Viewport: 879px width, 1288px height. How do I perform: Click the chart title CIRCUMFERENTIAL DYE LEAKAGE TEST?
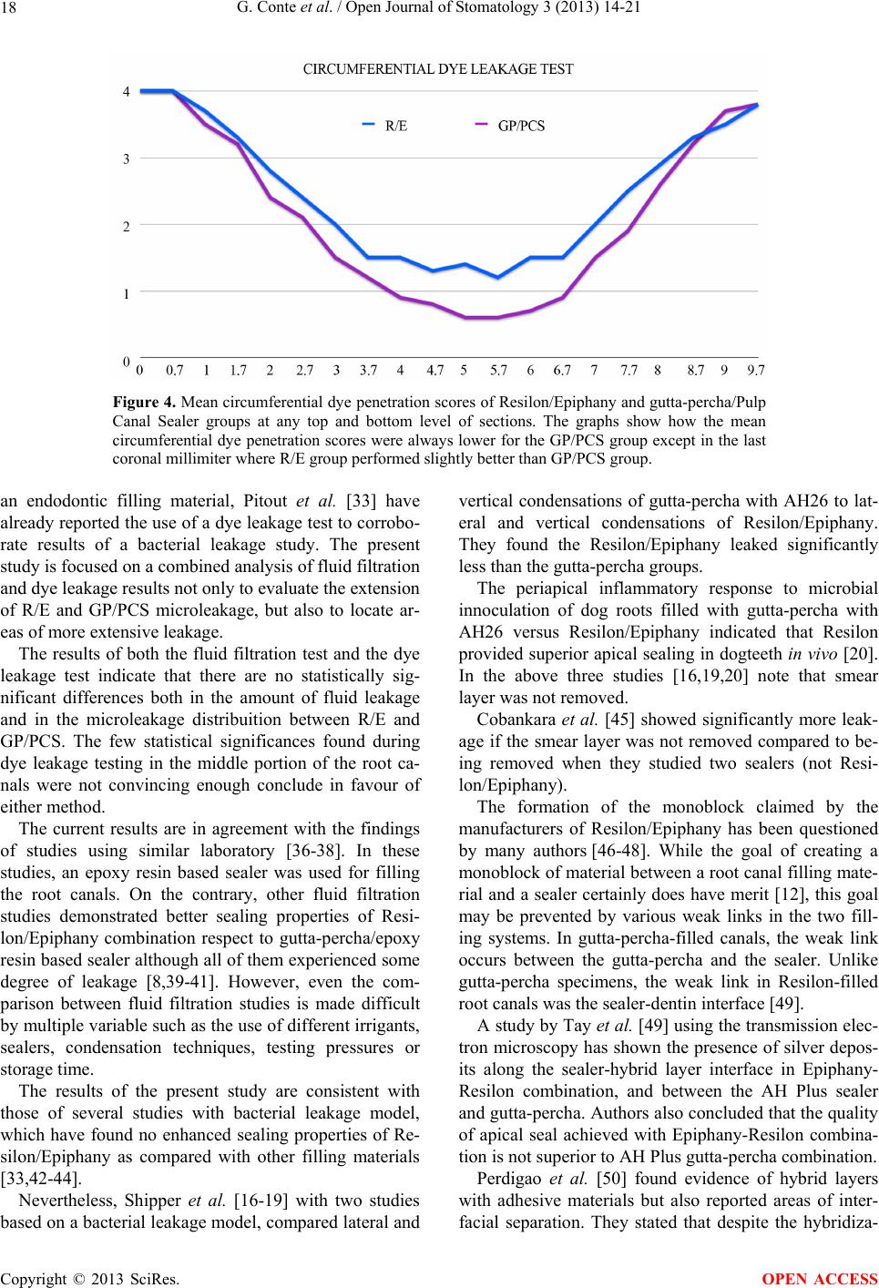(x=438, y=69)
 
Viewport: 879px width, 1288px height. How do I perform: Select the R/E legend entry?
(x=395, y=127)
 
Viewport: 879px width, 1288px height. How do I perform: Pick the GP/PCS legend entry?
(x=521, y=127)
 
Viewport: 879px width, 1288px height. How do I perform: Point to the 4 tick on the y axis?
(x=128, y=91)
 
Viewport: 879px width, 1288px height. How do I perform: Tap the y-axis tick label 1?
(x=128, y=293)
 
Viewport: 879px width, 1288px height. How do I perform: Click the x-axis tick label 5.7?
(x=499, y=371)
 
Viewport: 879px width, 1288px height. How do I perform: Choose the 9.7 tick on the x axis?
(x=756, y=371)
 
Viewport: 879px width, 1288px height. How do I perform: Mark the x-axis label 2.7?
(x=305, y=371)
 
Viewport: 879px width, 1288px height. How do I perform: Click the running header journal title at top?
(x=440, y=10)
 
